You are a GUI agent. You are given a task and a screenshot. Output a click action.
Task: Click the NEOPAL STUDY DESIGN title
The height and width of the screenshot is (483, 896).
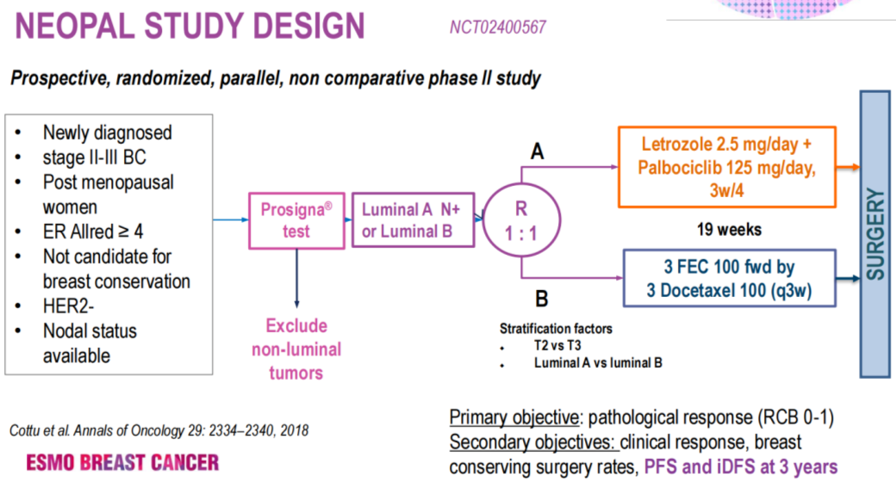point(190,25)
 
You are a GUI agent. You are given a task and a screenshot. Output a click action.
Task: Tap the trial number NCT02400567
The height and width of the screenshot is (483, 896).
point(497,27)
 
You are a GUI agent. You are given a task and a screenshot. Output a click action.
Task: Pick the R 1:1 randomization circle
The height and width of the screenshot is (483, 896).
point(521,221)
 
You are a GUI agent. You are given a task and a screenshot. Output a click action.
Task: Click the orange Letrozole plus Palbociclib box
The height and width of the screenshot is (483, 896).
point(729,166)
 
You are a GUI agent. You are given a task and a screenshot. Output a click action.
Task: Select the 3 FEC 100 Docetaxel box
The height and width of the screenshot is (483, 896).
point(730,279)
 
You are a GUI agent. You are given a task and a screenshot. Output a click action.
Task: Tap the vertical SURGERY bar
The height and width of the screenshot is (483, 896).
point(875,233)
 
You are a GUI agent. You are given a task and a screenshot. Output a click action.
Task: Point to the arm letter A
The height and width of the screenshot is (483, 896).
point(537,152)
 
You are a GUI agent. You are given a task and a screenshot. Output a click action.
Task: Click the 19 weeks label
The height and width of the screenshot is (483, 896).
point(731,230)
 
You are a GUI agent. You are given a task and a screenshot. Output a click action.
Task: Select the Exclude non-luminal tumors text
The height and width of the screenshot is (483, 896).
point(296,350)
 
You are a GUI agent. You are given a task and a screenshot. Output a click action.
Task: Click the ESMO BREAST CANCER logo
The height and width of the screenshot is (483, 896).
point(121,463)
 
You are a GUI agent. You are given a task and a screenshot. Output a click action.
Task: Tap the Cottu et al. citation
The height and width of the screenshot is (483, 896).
point(159,430)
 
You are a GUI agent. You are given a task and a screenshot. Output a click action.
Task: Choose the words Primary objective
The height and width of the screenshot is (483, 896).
point(513,418)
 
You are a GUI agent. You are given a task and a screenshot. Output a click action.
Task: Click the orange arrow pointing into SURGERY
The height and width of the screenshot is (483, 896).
point(849,166)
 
